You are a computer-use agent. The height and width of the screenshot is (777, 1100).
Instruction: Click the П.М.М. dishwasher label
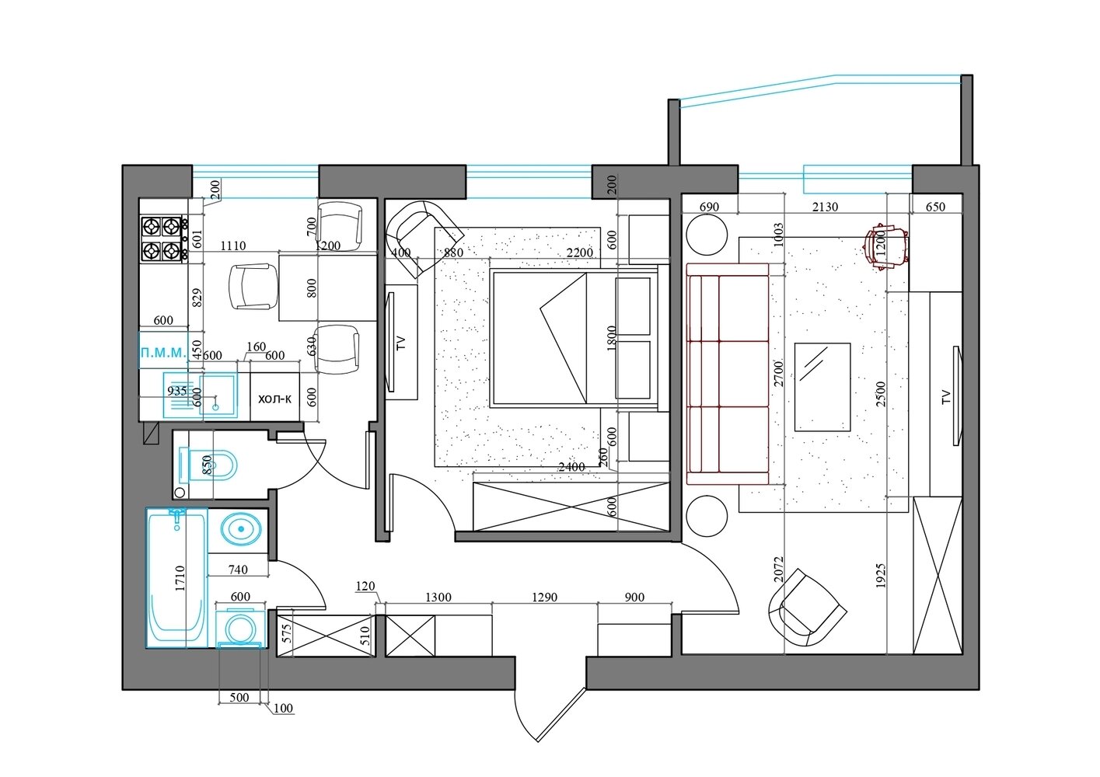coord(163,353)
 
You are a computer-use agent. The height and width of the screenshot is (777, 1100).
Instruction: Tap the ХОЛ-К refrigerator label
coord(274,399)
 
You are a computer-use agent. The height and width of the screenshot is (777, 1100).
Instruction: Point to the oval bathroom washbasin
coord(241,529)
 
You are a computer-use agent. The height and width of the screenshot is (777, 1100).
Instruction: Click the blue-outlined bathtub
coord(176,578)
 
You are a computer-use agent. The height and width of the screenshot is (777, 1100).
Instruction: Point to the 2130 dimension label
coord(825,207)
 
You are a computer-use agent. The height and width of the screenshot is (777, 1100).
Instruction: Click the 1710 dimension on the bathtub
coord(180,578)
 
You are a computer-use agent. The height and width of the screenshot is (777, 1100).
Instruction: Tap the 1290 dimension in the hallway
coord(545,597)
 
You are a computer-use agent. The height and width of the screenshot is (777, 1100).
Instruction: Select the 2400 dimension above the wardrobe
coord(571,466)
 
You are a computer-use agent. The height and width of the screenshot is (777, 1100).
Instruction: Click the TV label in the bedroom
coord(401,343)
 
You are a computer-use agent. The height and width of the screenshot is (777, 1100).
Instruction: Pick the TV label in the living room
coord(946,396)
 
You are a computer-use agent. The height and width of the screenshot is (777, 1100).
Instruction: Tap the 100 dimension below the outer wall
coord(283,708)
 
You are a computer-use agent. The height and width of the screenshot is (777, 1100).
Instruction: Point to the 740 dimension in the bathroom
coord(238,570)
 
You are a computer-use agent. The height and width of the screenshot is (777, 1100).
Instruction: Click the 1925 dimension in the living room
coord(881,576)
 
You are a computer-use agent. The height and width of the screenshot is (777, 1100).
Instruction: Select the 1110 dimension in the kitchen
coord(232,245)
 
